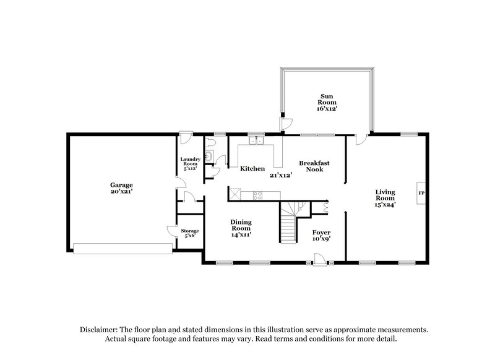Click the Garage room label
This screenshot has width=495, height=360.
(122, 184)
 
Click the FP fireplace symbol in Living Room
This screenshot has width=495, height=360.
(421, 193)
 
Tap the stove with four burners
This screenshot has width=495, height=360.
(257, 196)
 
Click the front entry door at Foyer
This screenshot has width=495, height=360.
(320, 260)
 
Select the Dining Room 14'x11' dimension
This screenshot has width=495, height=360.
(241, 235)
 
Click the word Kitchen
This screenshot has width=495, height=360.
(252, 168)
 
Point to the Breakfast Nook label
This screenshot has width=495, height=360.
(314, 166)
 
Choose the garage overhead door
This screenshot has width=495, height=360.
(122, 249)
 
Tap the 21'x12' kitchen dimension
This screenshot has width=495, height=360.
(280, 174)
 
